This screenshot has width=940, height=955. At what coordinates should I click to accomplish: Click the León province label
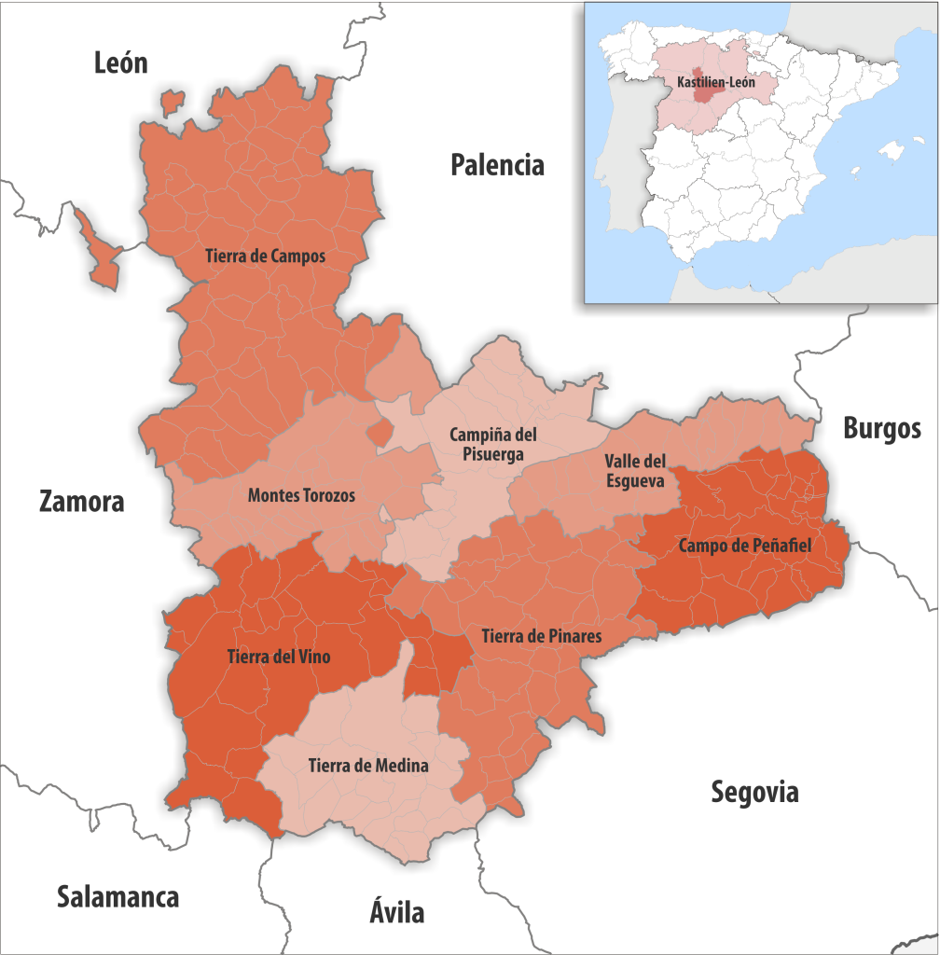(121, 62)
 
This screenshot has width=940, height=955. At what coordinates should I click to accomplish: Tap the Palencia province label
(497, 165)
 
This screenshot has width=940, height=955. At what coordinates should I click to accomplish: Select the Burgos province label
(881, 429)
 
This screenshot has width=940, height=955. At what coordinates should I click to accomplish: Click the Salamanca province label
(117, 897)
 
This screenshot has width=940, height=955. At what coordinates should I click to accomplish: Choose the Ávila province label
(396, 911)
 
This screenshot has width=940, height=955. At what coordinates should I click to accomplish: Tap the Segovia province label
(754, 793)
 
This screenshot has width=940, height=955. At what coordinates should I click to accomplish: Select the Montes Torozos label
(301, 495)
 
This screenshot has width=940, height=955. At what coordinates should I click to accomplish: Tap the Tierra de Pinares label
(541, 636)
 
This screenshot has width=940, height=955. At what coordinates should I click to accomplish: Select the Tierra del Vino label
(278, 657)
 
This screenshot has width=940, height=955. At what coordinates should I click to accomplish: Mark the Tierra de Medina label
(367, 766)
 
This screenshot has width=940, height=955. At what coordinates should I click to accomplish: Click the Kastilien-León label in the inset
(716, 83)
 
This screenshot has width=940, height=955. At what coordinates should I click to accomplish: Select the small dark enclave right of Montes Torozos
(379, 433)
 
